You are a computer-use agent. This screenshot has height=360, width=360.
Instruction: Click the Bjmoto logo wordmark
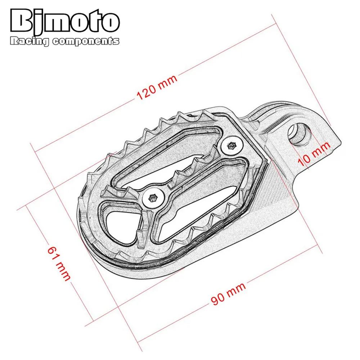[65, 21]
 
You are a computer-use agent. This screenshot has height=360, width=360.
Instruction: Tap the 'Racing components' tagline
[65, 41]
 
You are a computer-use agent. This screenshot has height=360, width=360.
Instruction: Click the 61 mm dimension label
[59, 264]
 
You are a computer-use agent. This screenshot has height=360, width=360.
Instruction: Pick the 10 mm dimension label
[314, 153]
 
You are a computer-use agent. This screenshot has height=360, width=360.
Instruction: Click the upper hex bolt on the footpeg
[232, 146]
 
